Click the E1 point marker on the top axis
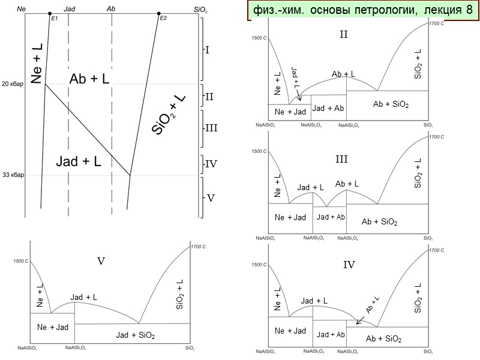click(x=49, y=13)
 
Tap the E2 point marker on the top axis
click(x=158, y=13)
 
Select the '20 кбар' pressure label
click(x=13, y=84)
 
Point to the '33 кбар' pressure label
click(x=13, y=176)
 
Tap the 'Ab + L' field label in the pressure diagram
click(x=89, y=79)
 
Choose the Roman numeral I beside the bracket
click(x=208, y=50)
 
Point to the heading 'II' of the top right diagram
click(x=344, y=34)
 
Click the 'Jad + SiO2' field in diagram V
click(x=136, y=335)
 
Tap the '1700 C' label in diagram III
click(x=436, y=137)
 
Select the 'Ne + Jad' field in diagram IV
click(x=290, y=331)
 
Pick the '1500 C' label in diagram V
click(x=21, y=261)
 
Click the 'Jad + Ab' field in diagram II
click(x=329, y=108)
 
